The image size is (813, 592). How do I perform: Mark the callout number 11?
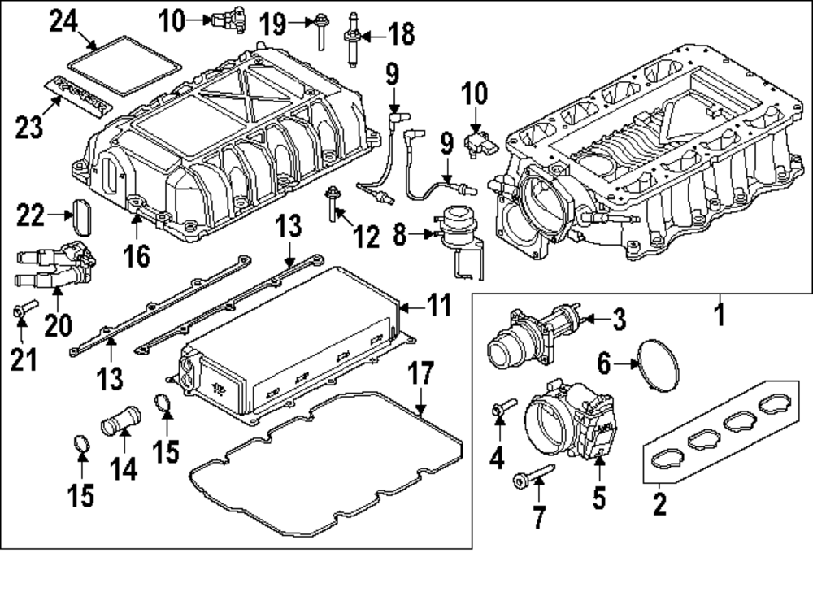[438, 307]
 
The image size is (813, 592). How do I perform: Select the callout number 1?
[718, 313]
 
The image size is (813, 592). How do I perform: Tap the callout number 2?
[659, 504]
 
